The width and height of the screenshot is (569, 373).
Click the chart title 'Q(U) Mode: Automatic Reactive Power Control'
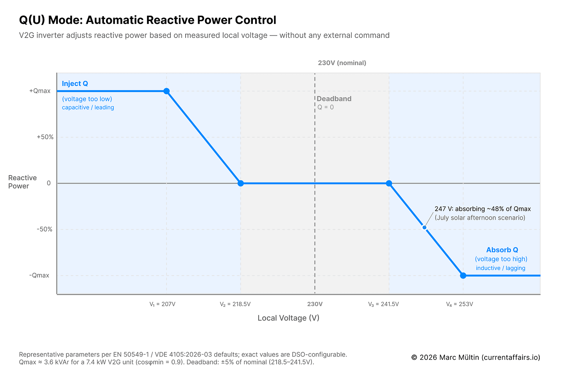coord(147,20)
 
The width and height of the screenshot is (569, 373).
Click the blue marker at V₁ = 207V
coord(166,91)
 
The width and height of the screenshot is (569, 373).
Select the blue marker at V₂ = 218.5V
coord(241,183)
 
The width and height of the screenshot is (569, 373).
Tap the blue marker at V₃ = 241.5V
coord(389,183)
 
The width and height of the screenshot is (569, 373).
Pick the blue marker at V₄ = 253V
coord(463,276)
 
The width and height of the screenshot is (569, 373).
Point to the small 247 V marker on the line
coord(424,228)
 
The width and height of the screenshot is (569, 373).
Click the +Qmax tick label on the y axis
coord(40,91)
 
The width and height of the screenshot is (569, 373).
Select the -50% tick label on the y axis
coord(45,230)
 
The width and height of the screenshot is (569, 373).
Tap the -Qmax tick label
coord(39,276)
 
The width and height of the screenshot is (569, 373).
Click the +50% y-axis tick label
coord(45,137)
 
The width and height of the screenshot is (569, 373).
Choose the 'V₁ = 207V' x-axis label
coord(162,304)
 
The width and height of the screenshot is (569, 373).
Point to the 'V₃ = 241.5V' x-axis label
coord(383,304)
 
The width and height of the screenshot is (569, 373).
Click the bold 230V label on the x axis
coord(315,304)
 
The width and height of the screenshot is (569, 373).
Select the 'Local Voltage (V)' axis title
coord(288,318)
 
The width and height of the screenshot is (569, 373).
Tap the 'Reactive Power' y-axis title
coord(22,182)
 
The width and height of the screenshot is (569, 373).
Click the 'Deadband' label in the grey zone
coord(334,99)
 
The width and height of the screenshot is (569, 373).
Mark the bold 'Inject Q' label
coord(75,84)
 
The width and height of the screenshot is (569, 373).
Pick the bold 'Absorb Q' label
coord(502,250)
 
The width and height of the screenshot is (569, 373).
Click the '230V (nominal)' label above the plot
coord(342,63)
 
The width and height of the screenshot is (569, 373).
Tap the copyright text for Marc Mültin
coord(476,357)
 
